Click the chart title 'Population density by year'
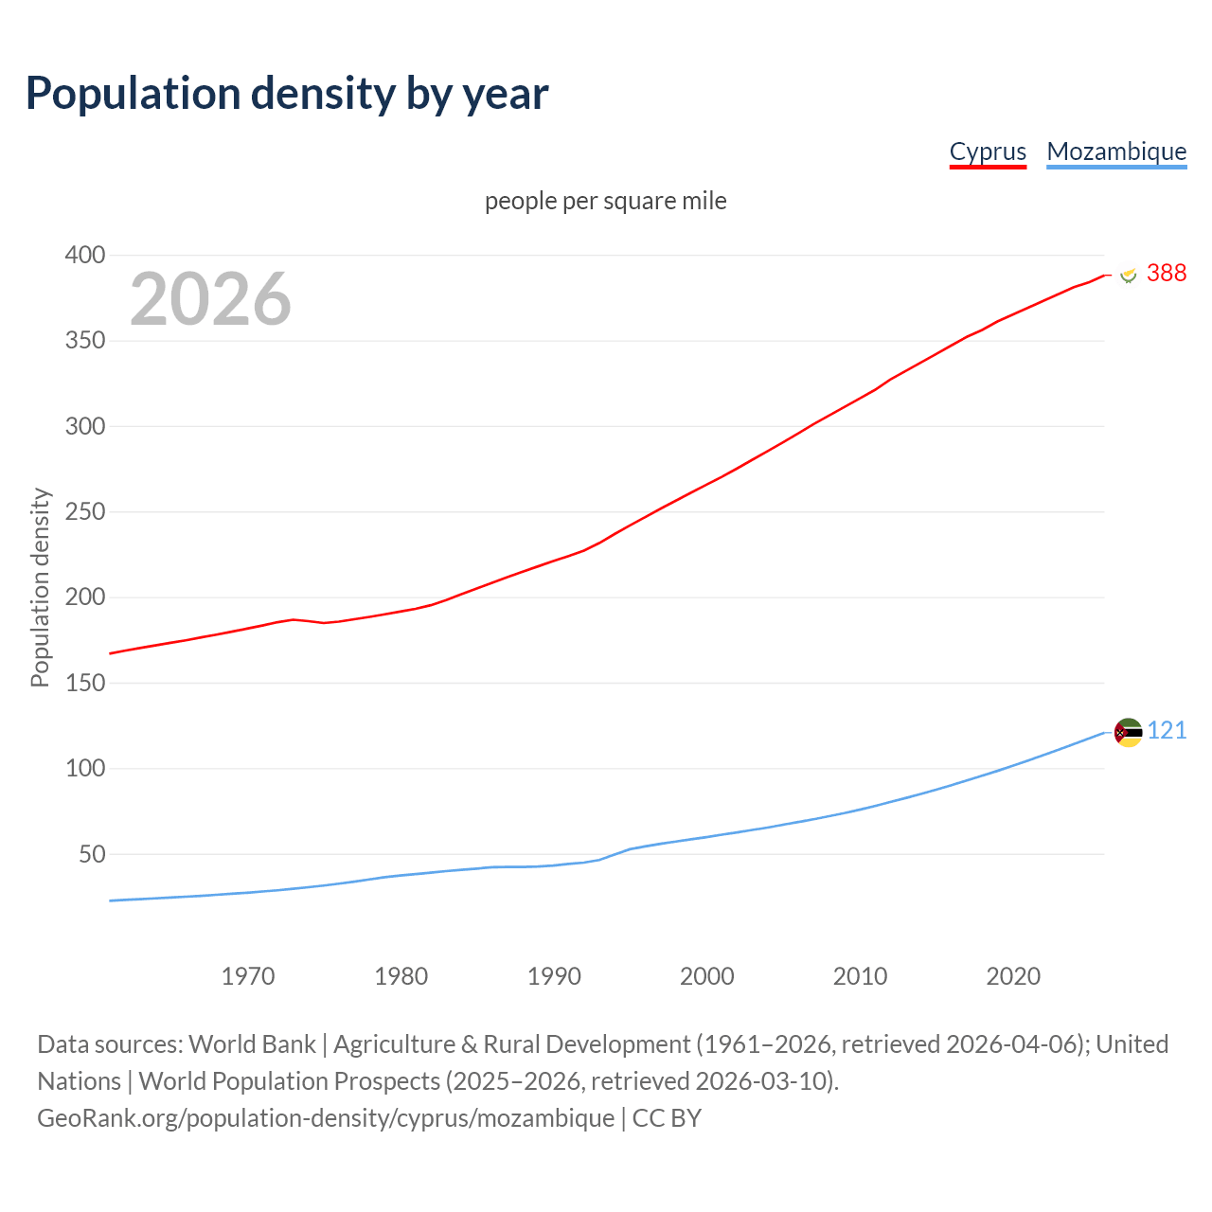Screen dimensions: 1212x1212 [287, 93]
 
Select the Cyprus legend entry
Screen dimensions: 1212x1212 [988, 151]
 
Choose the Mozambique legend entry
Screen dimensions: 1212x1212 [1116, 151]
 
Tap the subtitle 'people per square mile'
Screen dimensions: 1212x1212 [605, 201]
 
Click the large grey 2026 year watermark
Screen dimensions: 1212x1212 [210, 299]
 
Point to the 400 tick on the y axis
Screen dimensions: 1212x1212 [85, 255]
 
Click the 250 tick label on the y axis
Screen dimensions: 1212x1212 [85, 511]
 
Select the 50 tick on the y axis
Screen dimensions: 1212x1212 [92, 854]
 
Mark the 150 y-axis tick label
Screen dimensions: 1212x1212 [85, 683]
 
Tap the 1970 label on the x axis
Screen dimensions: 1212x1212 [248, 976]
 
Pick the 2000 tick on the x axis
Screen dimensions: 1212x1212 [707, 976]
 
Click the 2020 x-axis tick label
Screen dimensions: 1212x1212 [1013, 976]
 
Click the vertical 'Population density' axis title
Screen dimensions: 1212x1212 [40, 587]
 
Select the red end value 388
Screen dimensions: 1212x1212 [1167, 273]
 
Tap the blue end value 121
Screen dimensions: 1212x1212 [1167, 730]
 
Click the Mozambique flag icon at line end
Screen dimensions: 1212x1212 [1128, 732]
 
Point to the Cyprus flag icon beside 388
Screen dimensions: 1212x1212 [1128, 274]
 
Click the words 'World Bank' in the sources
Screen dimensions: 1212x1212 [252, 1043]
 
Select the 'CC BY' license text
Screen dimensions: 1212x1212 [667, 1117]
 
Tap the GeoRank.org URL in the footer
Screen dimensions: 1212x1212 [326, 1117]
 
